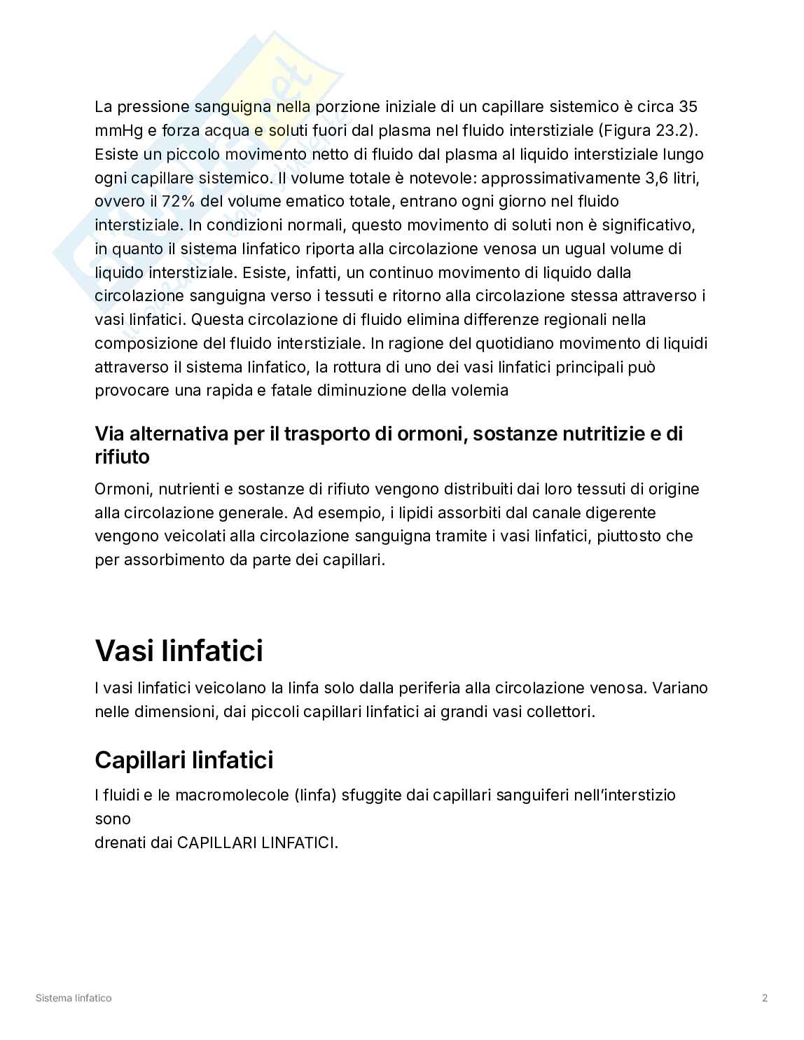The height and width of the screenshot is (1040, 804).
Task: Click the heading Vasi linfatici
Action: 179,651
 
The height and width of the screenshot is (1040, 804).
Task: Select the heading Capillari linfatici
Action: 183,760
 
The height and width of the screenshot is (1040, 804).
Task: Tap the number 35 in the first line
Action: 688,107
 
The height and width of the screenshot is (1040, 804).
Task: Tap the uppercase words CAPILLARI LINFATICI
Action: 257,843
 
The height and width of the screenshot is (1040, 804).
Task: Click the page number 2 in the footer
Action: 765,998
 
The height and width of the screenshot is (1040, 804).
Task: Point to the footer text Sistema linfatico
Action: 74,998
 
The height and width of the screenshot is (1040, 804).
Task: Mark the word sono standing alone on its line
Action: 112,819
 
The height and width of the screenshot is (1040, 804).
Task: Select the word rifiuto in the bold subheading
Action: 122,457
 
